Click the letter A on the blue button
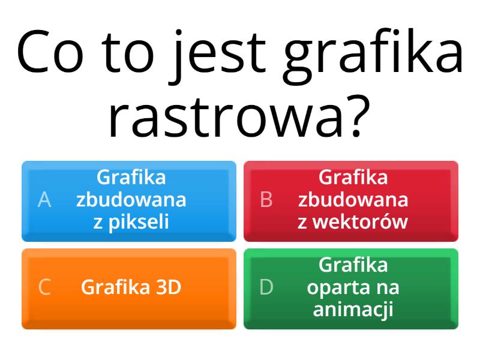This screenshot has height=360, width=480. (x=44, y=200)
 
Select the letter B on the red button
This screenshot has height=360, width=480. (x=266, y=200)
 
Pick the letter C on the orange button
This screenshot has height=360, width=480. (x=44, y=287)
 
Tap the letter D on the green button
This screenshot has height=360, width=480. (x=266, y=287)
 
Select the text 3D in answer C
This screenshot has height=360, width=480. (x=168, y=287)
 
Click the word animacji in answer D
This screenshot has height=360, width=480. (x=353, y=310)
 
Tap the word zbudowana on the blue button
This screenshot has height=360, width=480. (x=131, y=200)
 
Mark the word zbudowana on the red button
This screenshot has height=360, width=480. (x=353, y=200)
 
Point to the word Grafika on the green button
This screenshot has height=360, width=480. (x=353, y=265)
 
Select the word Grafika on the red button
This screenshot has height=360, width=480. (x=353, y=178)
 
